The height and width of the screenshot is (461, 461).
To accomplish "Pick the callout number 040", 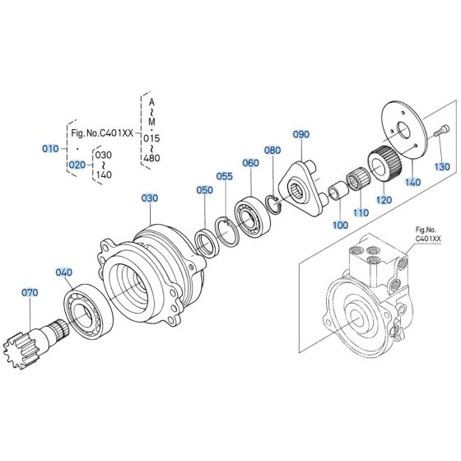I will [63, 272].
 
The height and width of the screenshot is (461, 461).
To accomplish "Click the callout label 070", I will [30, 291].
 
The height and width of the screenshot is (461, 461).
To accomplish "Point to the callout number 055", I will [225, 176].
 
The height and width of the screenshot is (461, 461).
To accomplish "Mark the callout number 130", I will [443, 167].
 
